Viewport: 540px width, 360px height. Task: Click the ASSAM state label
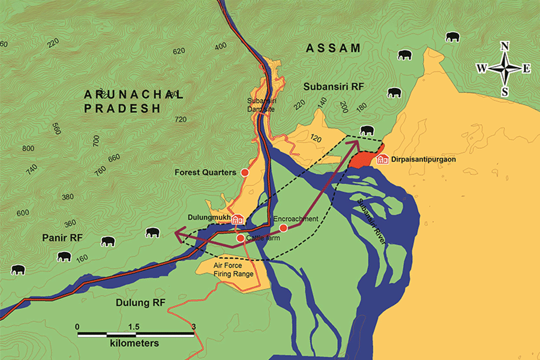[333, 48]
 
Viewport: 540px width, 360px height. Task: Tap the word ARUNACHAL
[133, 94]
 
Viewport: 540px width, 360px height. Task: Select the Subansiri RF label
[333, 86]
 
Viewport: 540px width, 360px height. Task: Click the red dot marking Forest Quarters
[245, 173]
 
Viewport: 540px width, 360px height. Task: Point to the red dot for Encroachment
[283, 228]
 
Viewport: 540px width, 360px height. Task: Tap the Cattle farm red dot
[240, 238]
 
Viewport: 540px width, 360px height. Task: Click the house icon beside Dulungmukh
[238, 220]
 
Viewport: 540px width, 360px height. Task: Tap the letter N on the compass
[505, 46]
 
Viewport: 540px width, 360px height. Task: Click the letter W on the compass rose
[482, 68]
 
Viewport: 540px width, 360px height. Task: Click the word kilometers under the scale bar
[134, 344]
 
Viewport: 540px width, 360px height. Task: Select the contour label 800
[28, 148]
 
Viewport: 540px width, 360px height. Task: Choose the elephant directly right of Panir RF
[108, 241]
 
